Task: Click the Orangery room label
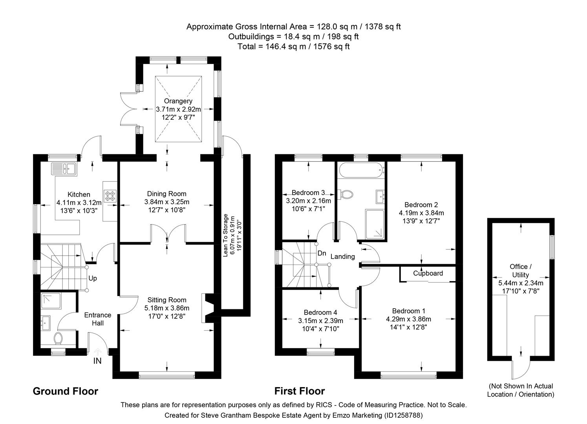pos(178,101)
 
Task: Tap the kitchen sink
pos(64,169)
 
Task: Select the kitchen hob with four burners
pos(110,196)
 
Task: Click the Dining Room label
pos(166,194)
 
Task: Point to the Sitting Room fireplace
pos(207,308)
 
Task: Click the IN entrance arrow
pos(97,353)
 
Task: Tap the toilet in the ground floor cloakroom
pos(59,337)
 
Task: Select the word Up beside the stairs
pos(93,278)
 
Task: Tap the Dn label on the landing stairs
pos(322,253)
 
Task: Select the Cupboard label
pos(428,273)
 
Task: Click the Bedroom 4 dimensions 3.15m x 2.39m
pos(320,320)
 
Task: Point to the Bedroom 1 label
pos(408,311)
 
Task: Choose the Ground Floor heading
pos(65,391)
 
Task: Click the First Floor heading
pos(299,391)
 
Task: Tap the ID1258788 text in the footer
pos(403,415)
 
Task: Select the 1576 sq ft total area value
pos(332,46)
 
